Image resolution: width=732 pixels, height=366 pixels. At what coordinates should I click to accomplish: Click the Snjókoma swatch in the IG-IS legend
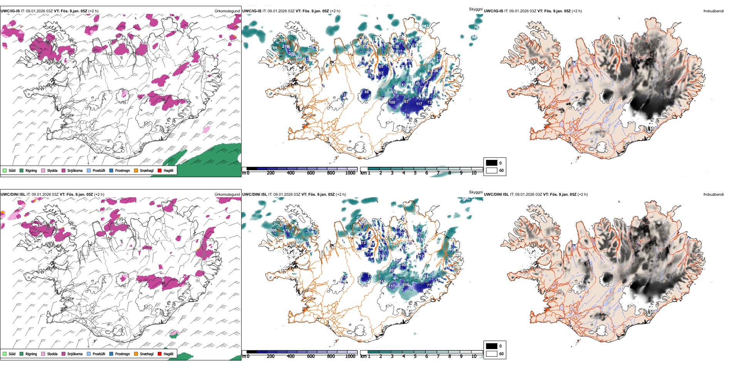[64, 170]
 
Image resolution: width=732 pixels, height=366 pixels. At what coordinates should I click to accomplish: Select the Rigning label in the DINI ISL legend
[31, 354]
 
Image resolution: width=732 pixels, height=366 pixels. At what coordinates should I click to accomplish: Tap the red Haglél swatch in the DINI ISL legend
[159, 354]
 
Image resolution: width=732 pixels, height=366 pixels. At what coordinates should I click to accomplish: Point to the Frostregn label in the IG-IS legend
[122, 170]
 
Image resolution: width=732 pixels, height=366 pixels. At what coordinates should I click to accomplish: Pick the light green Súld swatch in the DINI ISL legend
[4, 354]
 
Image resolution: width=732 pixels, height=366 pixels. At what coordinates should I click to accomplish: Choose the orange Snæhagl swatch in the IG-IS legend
[136, 170]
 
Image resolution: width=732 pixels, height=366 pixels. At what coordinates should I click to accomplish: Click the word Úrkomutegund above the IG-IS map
[227, 11]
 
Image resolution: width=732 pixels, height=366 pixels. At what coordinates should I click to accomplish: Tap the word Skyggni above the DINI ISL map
[475, 192]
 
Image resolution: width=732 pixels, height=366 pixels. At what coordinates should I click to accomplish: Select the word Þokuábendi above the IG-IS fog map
[714, 11]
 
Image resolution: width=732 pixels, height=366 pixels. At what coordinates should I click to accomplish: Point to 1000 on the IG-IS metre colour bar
[350, 173]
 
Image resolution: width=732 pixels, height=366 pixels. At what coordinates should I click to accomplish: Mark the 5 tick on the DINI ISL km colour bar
[415, 356]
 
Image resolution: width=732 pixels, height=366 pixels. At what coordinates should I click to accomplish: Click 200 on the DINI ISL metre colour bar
[270, 356]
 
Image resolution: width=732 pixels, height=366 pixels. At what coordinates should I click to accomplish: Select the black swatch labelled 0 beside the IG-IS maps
[492, 163]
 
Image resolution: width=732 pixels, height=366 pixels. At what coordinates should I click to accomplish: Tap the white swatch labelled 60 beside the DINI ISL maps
[492, 354]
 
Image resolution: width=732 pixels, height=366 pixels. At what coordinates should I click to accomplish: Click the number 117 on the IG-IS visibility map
[419, 104]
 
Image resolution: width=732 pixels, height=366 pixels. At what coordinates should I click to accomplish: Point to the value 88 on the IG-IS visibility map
[366, 92]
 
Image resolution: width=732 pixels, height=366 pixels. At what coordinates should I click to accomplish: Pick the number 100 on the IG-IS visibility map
[392, 102]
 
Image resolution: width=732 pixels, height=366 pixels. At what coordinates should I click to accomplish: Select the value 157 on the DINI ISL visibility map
[391, 286]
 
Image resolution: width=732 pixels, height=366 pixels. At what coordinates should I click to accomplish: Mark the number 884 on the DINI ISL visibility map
[299, 240]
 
